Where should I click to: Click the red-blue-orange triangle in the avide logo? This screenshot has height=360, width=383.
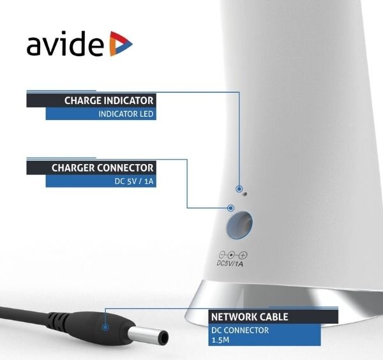tap(121, 43)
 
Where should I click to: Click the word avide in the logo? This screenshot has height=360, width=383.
tap(65, 43)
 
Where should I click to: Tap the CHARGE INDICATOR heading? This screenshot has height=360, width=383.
tap(109, 101)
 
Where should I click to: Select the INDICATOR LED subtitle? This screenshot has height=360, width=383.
tap(126, 114)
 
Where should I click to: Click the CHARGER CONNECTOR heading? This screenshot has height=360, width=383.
tap(102, 168)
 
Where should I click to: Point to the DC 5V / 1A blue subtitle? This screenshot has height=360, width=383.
tap(134, 181)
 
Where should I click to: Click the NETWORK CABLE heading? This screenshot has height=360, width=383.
tap(250, 317)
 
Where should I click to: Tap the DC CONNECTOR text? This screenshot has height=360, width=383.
tap(240, 330)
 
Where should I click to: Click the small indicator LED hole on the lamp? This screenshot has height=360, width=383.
tap(245, 194)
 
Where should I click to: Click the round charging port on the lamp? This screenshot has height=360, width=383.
tap(239, 225)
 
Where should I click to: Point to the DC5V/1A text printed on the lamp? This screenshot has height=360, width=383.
tap(230, 263)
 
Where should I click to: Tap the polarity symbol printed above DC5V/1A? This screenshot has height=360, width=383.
tap(233, 255)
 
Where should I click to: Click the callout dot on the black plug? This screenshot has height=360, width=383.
tap(105, 327)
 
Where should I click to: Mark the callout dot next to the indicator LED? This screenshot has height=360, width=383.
tap(239, 189)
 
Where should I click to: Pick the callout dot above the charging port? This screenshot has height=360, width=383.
tap(230, 208)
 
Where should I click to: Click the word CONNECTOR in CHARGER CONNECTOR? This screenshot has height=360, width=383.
tap(125, 168)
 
